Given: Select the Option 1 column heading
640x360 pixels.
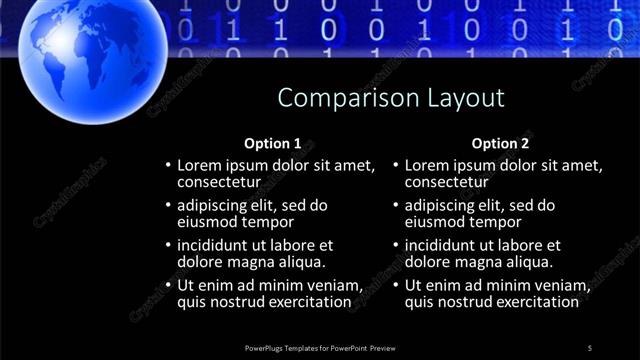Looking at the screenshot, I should point(272,143).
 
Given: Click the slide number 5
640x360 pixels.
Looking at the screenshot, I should point(590,347).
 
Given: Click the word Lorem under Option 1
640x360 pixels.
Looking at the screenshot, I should point(200,165).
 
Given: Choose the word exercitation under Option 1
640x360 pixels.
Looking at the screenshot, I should point(309,301).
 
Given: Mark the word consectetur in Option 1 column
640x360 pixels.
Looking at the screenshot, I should point(219,182).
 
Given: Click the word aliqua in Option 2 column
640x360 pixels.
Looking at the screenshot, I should point(528,262).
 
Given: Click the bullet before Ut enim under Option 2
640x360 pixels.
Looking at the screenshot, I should point(396,285).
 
